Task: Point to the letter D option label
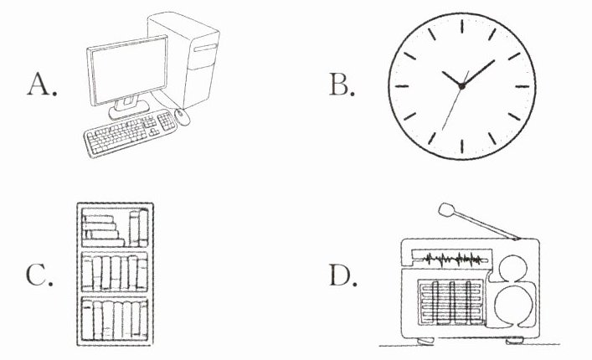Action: (341, 275)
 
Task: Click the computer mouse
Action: (183, 118)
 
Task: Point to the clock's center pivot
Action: (461, 85)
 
